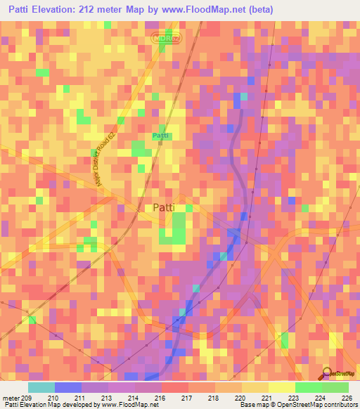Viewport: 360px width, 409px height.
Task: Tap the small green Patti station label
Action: [x=161, y=134]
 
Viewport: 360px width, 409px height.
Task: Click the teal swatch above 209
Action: [x=41, y=387]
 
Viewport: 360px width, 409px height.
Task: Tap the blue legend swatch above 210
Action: [x=67, y=387]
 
